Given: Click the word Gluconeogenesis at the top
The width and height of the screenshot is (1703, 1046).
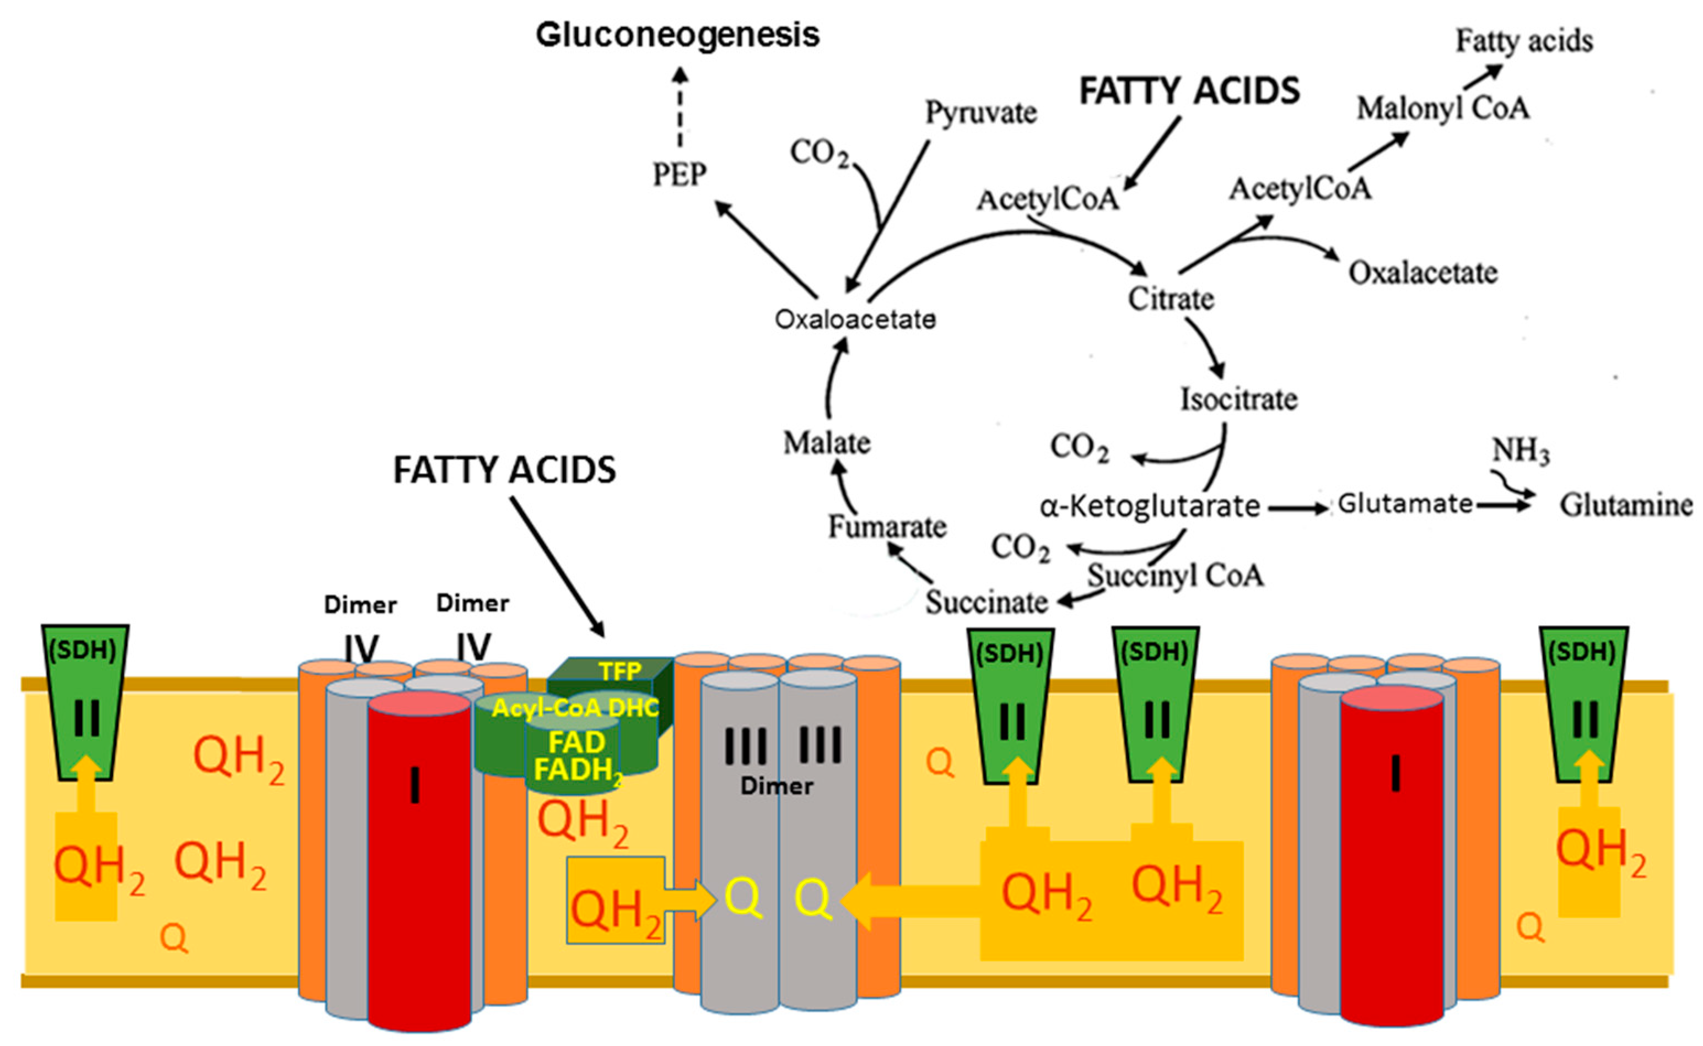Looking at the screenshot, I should [677, 35].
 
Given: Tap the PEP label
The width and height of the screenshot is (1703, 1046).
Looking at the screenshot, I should [680, 174].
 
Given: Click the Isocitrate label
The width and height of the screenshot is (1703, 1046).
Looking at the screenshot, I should [1239, 399].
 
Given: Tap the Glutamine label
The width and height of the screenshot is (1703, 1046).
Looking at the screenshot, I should [1625, 505].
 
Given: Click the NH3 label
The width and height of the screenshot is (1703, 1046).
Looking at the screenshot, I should [1521, 452].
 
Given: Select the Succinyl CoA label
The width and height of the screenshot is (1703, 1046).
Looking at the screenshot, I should [1175, 575].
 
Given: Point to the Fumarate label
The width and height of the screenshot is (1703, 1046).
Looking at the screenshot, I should [887, 527].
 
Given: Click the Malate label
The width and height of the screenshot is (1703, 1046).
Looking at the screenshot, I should [826, 443].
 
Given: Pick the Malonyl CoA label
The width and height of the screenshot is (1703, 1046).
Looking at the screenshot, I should [1443, 109].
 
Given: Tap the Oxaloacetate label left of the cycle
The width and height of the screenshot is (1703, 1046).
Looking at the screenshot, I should [855, 319].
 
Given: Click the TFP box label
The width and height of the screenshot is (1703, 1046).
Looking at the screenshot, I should [620, 671].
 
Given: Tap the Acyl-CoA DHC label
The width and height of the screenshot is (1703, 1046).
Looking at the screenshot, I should [575, 707].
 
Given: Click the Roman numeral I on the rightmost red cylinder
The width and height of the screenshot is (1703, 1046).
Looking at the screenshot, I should [1395, 773].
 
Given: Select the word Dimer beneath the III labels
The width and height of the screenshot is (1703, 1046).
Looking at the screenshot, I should [777, 786].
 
